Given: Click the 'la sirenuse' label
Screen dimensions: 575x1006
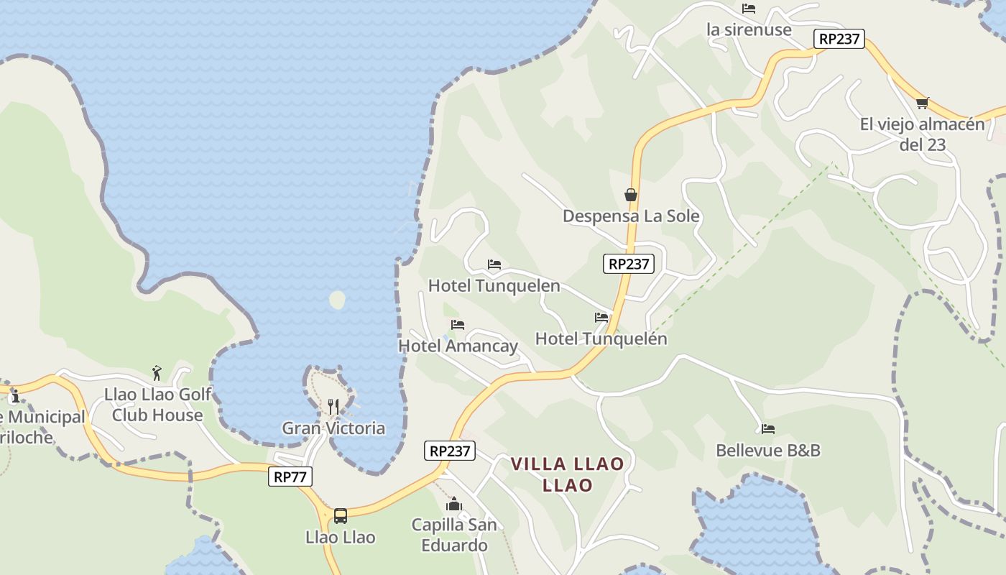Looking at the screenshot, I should (x=749, y=29).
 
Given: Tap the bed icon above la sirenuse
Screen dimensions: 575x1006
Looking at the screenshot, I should (x=749, y=9).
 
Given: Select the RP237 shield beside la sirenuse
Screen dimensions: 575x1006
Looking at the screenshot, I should (x=839, y=39).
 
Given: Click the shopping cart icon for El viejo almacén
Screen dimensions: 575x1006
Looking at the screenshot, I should (x=923, y=103).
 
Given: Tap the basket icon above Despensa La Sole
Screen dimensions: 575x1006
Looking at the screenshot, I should (x=631, y=195).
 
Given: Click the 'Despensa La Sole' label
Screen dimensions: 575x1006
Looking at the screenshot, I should (x=631, y=216).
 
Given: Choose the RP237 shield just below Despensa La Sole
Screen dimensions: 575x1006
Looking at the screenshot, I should (x=629, y=264).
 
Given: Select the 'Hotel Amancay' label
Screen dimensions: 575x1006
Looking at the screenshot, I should (x=458, y=346).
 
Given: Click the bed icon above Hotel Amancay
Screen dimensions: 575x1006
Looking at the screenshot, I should (x=458, y=325).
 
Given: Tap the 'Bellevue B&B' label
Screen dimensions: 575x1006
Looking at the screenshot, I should (x=767, y=450).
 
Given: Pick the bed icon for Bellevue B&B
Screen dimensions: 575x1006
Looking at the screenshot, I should (x=768, y=429).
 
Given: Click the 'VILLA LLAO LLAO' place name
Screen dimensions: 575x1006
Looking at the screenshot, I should (x=567, y=474).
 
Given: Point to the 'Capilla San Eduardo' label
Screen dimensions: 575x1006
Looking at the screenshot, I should (x=454, y=535).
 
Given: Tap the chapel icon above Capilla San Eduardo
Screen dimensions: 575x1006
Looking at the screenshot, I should (x=454, y=504).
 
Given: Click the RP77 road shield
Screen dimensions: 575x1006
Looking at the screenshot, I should (x=290, y=477).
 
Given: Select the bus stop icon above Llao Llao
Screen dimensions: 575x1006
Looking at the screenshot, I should (x=341, y=515).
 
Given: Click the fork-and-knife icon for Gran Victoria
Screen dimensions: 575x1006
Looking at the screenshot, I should (x=333, y=407).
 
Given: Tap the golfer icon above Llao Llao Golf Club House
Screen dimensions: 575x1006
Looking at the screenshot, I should (x=157, y=373).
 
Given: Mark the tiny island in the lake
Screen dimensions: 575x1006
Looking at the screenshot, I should (x=337, y=300).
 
